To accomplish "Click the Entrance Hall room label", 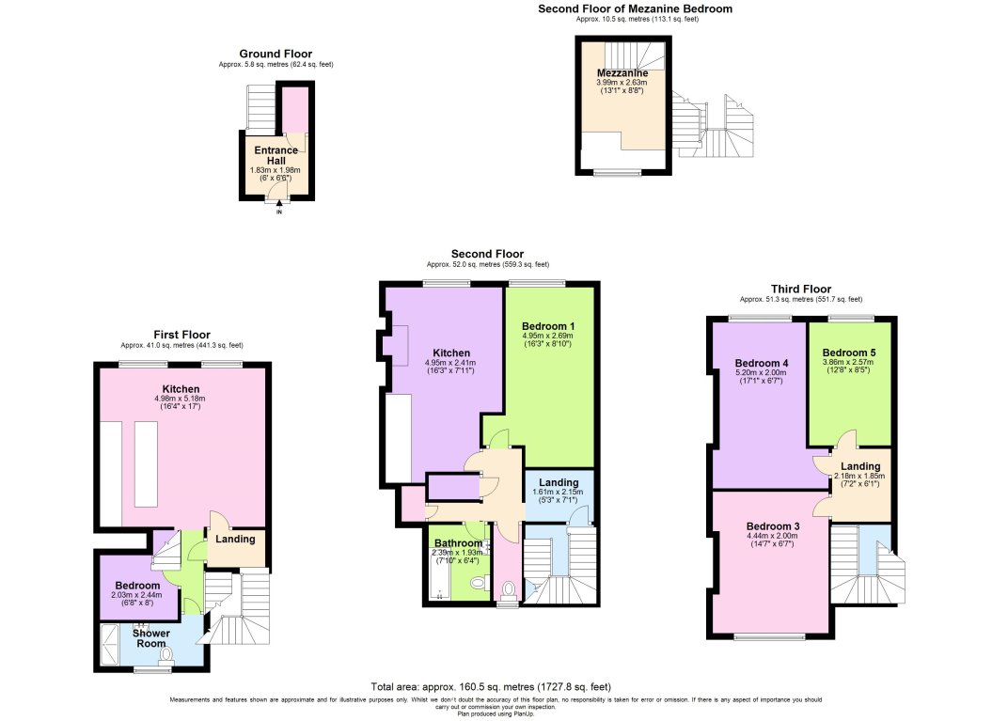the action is tap(276, 156).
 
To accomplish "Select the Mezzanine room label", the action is tap(622, 73).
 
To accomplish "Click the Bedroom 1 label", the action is tap(548, 326).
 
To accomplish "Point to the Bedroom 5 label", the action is tap(849, 353).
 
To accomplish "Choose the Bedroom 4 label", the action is tap(761, 364).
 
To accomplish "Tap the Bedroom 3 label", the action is tap(773, 526).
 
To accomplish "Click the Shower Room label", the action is tap(151, 638).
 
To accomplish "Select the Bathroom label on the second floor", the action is tap(458, 543).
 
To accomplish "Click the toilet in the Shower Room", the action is tap(166, 654).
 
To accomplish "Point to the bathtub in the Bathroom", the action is tap(438, 578).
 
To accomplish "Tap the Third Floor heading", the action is tap(801, 289).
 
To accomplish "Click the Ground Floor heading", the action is tap(276, 55).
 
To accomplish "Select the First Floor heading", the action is tap(182, 335).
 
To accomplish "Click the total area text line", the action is tap(491, 687).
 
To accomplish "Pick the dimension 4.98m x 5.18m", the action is tap(181, 400).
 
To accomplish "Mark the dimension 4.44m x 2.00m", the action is tap(773, 537).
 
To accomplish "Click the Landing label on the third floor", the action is tap(859, 467).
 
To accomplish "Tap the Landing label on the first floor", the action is tap(235, 540).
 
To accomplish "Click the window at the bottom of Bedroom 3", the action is tap(769, 636).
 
